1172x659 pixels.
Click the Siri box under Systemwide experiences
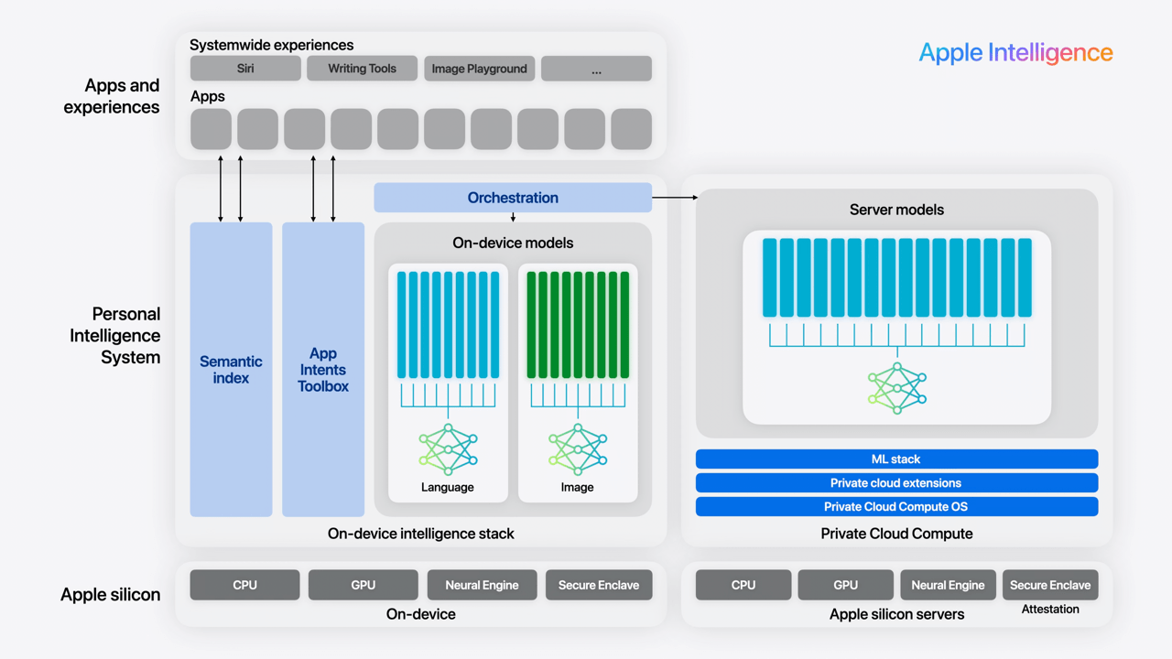[245, 69]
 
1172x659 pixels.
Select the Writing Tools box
[362, 69]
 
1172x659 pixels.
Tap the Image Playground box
[479, 69]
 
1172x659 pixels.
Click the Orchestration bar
[513, 198]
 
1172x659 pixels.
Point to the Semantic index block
[231, 369]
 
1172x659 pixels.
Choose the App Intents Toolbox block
[323, 369]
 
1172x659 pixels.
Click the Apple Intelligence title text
[1015, 53]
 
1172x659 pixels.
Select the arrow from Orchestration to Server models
[675, 197]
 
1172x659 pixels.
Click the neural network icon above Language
[448, 449]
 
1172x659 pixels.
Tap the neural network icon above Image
[578, 449]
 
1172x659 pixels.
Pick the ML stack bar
[896, 459]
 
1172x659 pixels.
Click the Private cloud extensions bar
[896, 482]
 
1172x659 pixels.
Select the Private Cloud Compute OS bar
[896, 506]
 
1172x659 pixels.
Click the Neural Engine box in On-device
[482, 585]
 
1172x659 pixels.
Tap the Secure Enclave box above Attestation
[1049, 585]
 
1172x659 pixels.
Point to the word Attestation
[1049, 609]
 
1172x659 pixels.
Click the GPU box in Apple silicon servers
[845, 585]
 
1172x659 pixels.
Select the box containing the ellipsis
[596, 69]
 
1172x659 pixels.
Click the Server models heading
[896, 210]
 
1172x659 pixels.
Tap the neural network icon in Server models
[896, 388]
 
